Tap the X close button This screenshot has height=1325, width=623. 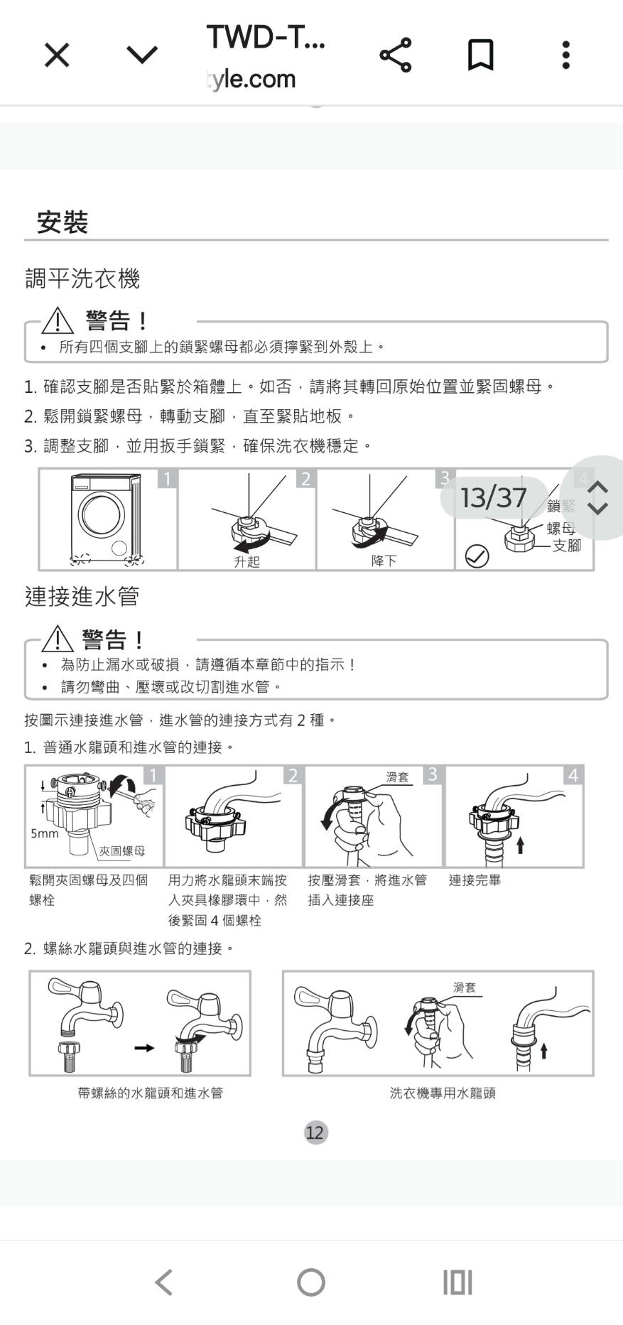coord(57,55)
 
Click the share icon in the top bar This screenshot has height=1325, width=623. coord(396,55)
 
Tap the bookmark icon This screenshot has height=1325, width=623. coord(481,55)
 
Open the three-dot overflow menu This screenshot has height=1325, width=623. coord(565,55)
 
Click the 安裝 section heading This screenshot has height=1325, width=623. coord(63,222)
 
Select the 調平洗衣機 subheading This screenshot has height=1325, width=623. coord(82,278)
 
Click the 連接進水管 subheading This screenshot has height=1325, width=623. coord(82,596)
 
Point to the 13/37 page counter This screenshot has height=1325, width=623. coord(494,497)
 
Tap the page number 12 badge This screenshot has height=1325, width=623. coord(315,1132)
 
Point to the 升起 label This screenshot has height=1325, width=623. coord(247,561)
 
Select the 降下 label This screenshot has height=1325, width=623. coord(384,561)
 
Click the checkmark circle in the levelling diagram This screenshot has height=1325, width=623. coord(477,556)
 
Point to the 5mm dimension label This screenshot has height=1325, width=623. coord(45,833)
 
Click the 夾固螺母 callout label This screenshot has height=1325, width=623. coord(122,850)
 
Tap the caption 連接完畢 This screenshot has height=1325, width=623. coord(475,880)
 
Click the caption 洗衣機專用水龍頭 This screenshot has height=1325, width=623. coord(443,1093)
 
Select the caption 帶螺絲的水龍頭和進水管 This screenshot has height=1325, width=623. coord(151,1093)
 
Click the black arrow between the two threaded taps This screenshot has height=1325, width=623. coord(144,1048)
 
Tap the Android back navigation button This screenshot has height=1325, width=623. coord(164,1282)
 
